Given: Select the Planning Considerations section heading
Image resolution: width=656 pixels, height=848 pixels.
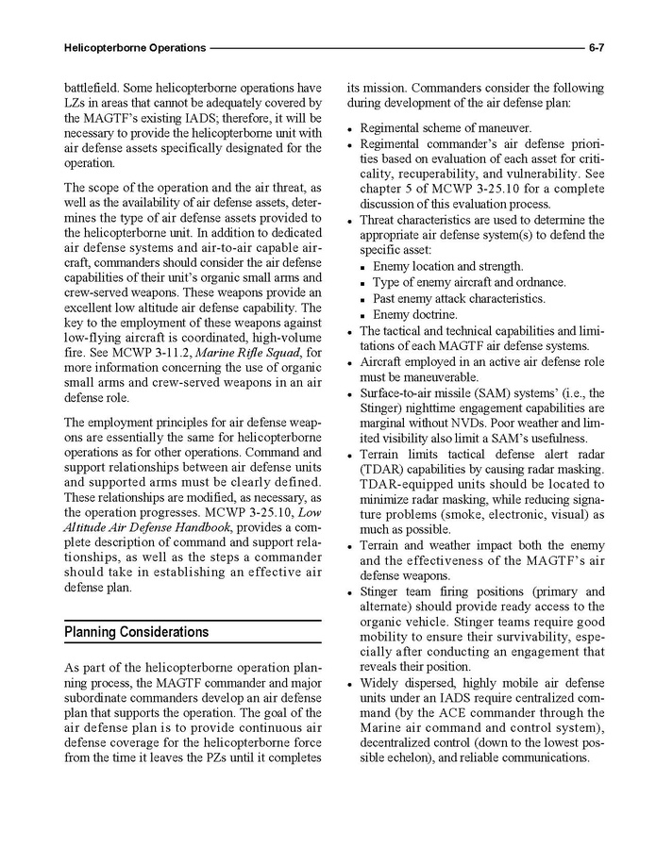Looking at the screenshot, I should click(x=136, y=631).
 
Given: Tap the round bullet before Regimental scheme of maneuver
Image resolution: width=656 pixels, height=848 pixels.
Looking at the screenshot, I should click(x=350, y=128).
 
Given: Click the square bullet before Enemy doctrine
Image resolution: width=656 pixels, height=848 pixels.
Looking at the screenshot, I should click(x=363, y=315).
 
